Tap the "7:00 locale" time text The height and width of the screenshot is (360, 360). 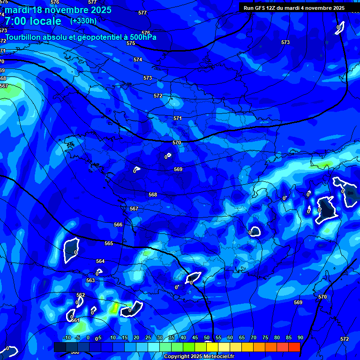33,21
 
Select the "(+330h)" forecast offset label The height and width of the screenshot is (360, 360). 83,21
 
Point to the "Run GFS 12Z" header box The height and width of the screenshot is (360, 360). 293,8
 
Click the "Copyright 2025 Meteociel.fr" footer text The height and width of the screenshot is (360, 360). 199,357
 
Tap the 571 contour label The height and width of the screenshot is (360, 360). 178,119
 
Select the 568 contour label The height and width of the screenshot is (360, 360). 153,195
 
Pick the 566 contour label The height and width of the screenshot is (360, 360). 118,225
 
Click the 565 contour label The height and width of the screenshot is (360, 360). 109,243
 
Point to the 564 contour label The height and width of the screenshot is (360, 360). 100,261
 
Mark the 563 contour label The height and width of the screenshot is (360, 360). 90,280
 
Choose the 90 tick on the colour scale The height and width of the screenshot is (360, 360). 300,338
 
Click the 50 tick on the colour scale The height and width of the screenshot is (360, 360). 207,338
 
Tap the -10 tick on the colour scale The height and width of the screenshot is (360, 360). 67,338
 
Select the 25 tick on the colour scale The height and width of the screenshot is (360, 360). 148,338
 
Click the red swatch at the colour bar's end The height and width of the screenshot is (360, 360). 294,347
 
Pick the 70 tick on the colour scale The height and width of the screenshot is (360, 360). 254,338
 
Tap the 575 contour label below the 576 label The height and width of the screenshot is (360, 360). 131,43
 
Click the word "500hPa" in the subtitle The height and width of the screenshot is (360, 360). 141,37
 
